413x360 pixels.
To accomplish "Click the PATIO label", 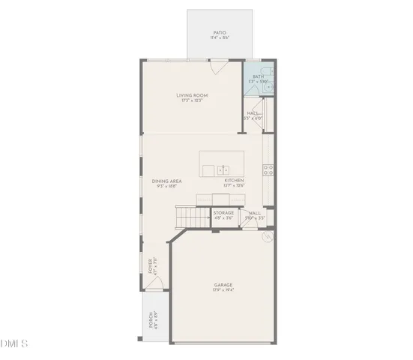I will point(220,32).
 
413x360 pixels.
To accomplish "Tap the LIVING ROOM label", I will point(192,95).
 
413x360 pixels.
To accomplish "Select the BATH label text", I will point(258,76).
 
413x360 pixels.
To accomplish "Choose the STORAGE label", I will point(223,213).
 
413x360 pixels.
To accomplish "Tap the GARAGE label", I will point(223,285).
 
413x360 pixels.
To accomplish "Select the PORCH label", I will point(150,321).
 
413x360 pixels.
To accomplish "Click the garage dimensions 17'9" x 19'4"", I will point(223,290).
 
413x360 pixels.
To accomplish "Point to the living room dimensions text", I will point(192,100).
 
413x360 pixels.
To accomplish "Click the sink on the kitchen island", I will point(223,170).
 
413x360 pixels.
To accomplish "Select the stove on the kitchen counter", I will point(268,169).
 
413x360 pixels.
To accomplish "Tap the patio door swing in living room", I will point(217,68).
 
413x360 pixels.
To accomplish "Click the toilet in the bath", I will point(269,88).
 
